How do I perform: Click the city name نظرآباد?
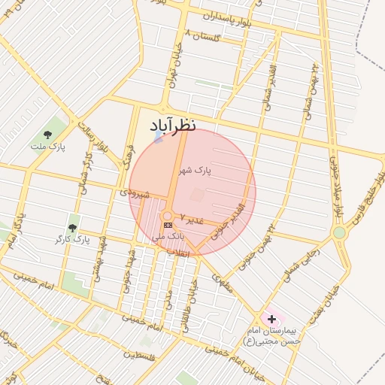coord(173,124)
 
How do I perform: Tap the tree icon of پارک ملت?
coord(47,135)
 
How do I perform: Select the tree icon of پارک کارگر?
coord(72,227)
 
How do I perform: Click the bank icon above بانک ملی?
coord(168,225)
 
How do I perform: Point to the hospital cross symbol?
coord(271,320)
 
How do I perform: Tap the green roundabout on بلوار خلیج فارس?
coord(339,233)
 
